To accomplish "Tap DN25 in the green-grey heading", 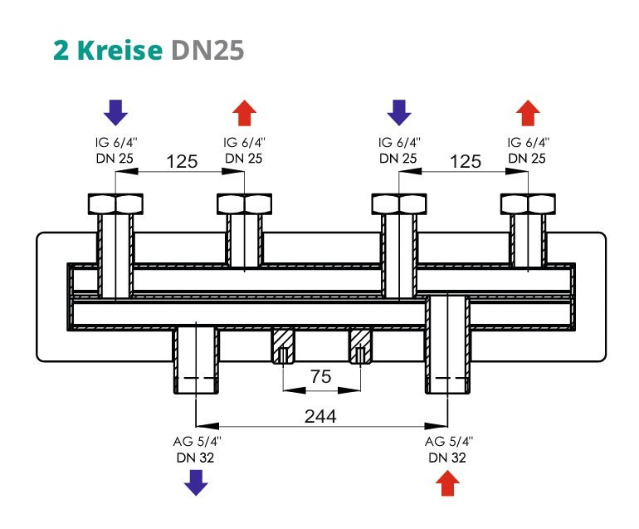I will point(207,50).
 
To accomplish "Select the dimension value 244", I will point(319,417).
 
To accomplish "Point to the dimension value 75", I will point(321,377).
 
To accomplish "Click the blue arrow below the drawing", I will point(196,482).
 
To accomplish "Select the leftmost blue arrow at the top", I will point(115,112).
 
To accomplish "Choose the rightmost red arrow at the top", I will point(528,112).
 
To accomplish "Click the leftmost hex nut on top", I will point(115,203).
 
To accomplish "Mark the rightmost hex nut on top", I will point(528,203).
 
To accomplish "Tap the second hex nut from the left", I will point(244,203).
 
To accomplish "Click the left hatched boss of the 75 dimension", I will point(284,345).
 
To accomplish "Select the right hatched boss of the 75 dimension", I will point(360,345).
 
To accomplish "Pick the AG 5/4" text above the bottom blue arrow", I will point(196,443).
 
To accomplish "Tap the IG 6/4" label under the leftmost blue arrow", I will point(115,143).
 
